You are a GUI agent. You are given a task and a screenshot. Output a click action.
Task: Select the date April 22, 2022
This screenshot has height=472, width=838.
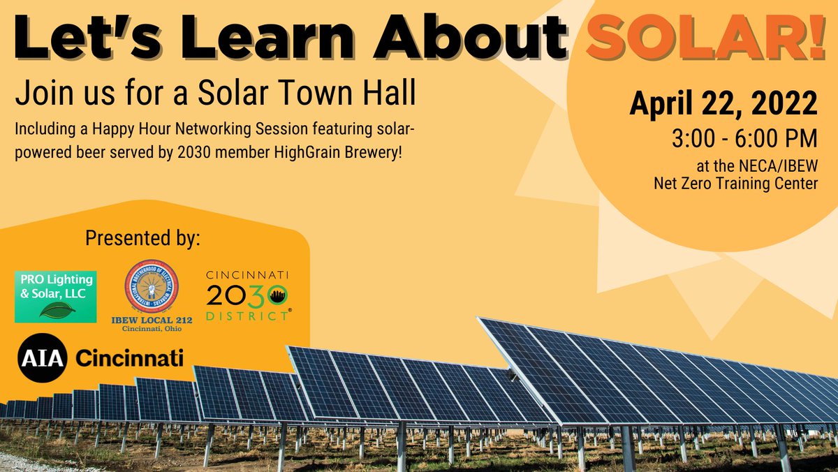click(723, 104)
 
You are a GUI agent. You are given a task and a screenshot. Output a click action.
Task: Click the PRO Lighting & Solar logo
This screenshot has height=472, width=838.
click(56, 297)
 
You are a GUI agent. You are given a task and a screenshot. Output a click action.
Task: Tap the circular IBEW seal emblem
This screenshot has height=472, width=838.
click(152, 286)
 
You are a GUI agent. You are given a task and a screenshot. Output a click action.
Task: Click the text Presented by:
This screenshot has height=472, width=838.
click(142, 238)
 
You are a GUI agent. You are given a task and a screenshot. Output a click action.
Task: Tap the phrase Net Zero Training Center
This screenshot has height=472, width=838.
click(735, 184)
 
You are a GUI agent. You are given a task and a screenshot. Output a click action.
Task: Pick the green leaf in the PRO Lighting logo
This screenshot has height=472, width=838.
click(55, 311)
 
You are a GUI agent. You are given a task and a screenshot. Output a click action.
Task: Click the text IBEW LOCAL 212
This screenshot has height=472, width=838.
click(152, 320)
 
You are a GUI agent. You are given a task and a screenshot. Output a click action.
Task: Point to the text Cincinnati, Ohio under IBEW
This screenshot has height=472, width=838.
click(152, 330)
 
